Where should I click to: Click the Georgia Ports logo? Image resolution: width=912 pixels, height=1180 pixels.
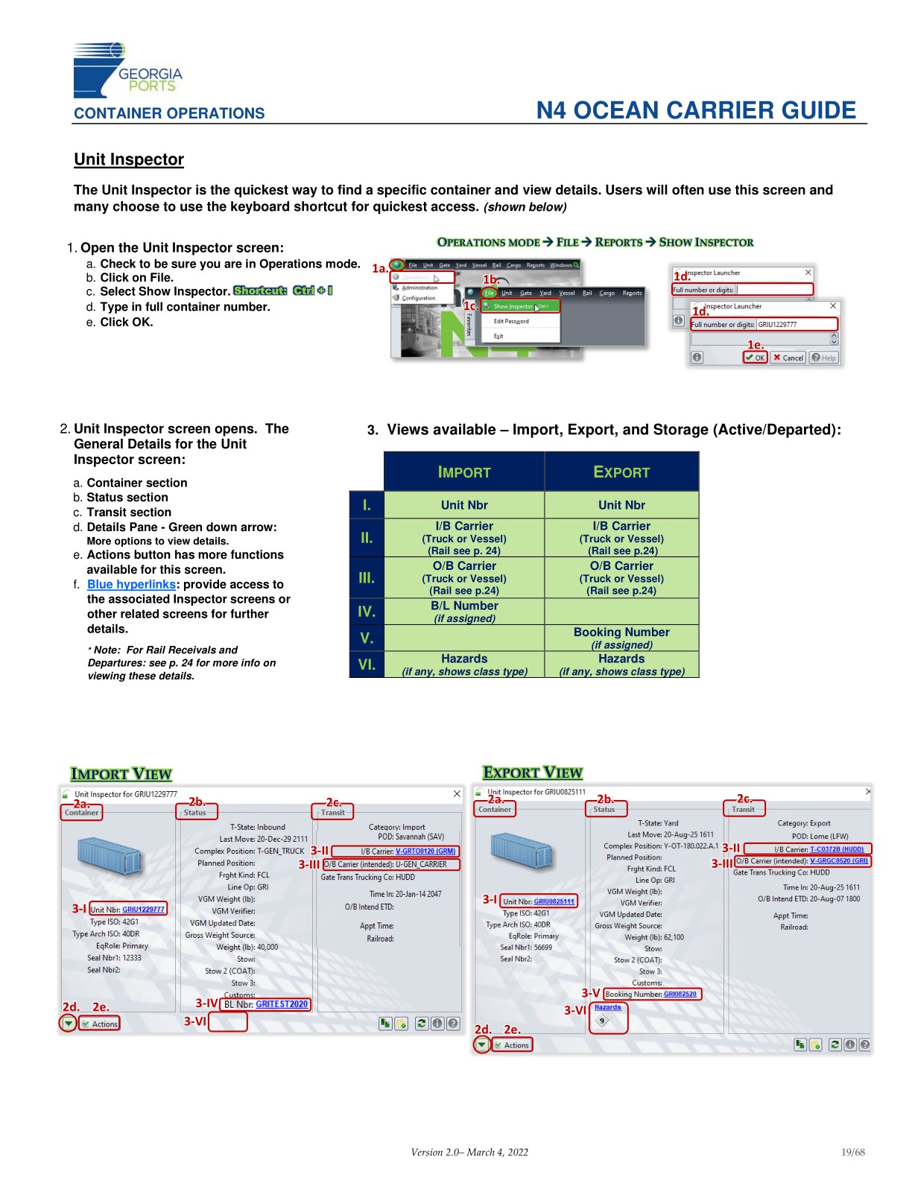coord(127,71)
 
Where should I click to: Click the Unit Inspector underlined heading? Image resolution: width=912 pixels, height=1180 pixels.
coord(129,159)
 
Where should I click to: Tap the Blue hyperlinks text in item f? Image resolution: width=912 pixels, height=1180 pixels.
coord(131,585)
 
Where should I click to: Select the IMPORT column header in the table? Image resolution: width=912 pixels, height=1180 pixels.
coord(464,472)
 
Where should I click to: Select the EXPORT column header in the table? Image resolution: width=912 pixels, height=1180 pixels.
coord(621,472)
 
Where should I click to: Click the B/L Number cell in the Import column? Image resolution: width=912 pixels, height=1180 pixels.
coord(464,612)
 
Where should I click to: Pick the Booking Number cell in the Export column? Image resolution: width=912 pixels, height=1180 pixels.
coord(621,638)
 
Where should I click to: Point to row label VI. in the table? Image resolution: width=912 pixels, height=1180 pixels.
coord(367,664)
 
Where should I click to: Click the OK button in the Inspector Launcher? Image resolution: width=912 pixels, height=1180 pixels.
coord(756,358)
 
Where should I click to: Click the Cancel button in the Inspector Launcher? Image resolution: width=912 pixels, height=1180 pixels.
coord(788,358)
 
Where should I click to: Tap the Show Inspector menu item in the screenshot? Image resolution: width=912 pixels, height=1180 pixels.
coord(514,306)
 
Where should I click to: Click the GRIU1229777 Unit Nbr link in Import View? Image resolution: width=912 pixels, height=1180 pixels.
coord(143,910)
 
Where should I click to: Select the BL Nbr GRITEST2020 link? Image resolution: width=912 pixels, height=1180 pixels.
coord(282,1004)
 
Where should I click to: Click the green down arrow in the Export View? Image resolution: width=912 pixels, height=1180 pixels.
coord(482,1045)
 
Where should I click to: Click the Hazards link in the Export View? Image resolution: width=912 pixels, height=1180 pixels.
coord(607,1007)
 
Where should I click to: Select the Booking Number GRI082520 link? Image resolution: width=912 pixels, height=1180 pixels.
coord(680,994)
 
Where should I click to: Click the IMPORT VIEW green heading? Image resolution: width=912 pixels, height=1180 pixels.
coord(121,774)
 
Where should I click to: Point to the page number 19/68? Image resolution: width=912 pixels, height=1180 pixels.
coord(853,1152)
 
